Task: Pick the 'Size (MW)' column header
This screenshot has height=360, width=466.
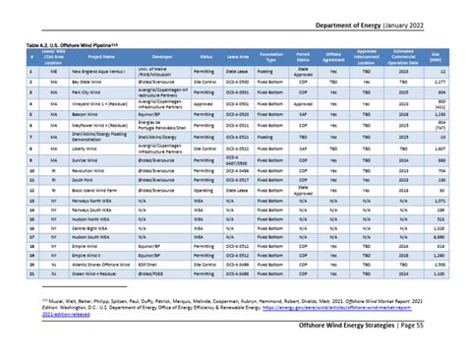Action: coord(435,58)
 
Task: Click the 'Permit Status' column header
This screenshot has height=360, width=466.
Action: coord(303,58)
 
